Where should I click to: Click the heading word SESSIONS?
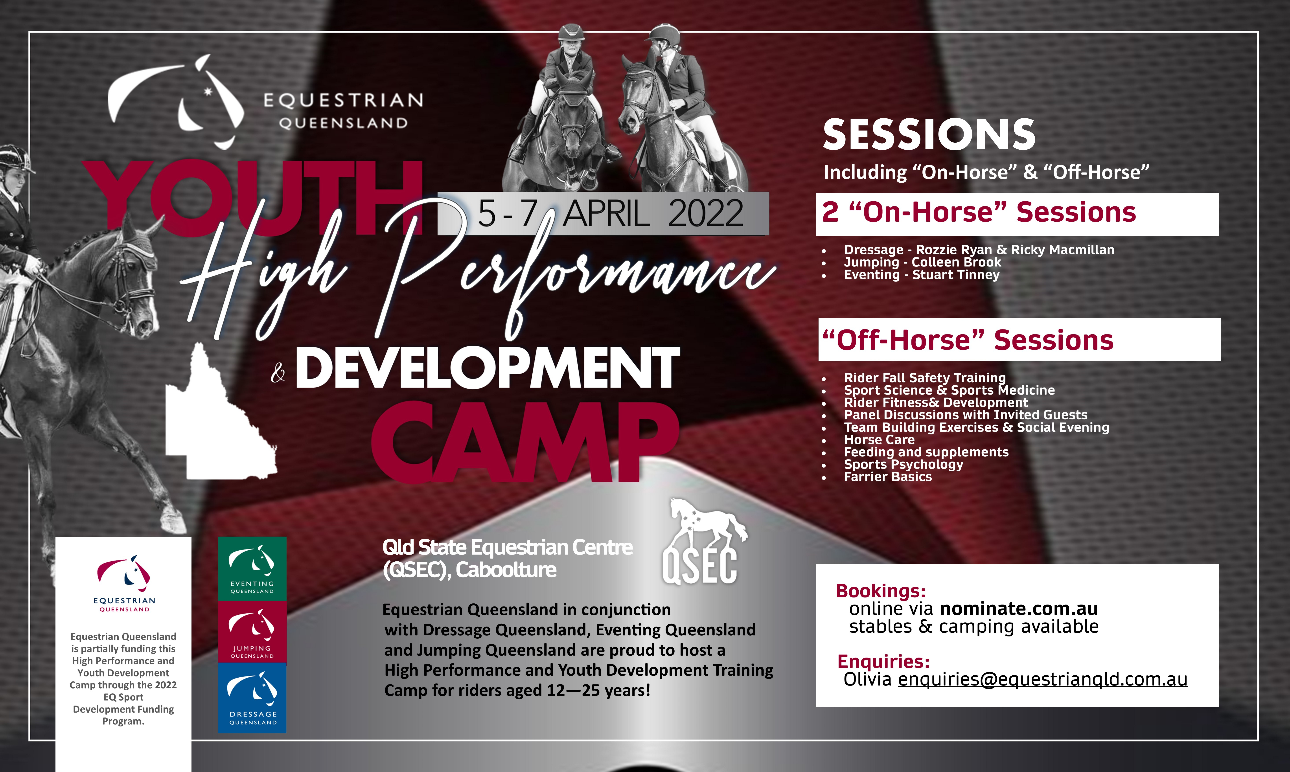pos(929,134)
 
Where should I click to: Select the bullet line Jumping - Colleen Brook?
pos(922,262)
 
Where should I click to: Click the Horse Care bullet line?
pos(879,439)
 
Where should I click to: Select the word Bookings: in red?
pos(881,591)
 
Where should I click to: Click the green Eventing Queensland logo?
pos(252,569)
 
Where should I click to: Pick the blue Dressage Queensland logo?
pos(252,698)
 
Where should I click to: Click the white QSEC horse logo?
pos(702,541)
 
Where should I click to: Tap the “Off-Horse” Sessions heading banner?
pos(1019,340)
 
